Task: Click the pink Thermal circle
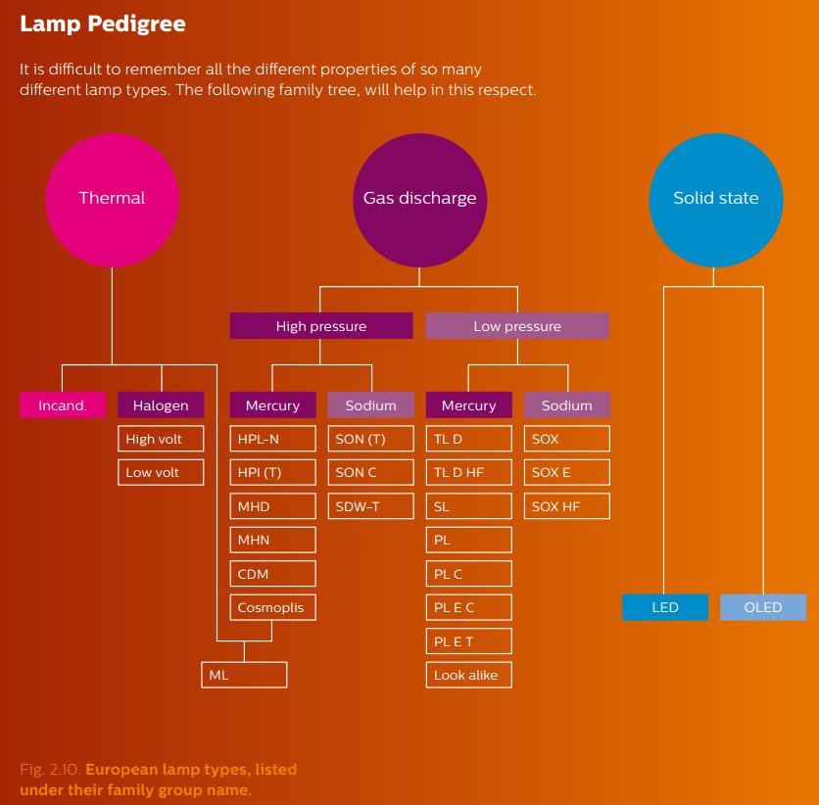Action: coord(112,198)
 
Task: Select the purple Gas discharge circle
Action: coord(419,198)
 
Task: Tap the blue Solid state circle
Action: coord(715,198)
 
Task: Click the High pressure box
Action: coord(320,326)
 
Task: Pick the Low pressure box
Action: coord(517,326)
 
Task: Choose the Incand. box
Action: coord(63,405)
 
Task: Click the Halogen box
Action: coord(161,405)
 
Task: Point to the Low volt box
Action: coord(161,472)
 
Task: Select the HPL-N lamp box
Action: coord(272,439)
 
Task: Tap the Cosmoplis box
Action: coord(272,607)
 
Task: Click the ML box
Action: coord(244,675)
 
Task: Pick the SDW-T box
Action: coord(370,506)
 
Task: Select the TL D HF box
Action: coord(468,472)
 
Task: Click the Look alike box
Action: coord(468,675)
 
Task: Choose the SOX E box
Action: coord(566,472)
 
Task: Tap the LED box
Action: coord(664,607)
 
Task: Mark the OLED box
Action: coord(763,607)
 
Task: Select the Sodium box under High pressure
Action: coord(370,405)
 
